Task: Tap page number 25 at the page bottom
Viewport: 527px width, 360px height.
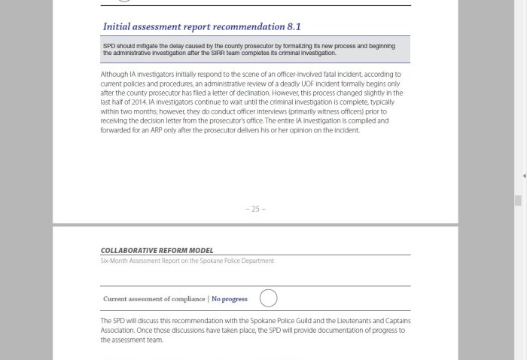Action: (x=255, y=209)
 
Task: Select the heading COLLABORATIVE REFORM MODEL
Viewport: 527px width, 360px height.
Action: (x=157, y=251)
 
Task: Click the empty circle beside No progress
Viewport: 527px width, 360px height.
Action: (x=268, y=298)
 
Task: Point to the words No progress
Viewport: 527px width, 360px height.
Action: (x=230, y=299)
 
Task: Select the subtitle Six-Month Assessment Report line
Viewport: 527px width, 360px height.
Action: (x=187, y=261)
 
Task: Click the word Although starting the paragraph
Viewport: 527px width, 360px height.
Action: (x=114, y=75)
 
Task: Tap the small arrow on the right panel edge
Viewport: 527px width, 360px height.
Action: (x=523, y=175)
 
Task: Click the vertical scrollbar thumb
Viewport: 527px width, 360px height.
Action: (x=518, y=200)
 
